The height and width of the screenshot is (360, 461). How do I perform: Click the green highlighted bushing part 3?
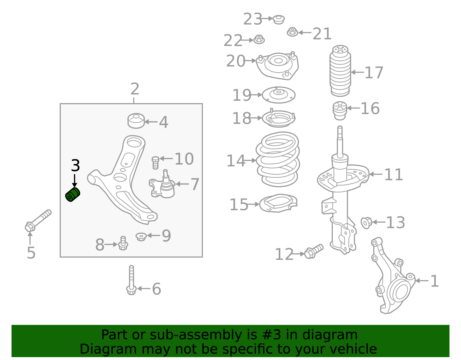[x=73, y=195]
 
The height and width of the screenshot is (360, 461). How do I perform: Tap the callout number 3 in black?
[x=75, y=166]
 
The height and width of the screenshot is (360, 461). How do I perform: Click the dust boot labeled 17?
[x=340, y=71]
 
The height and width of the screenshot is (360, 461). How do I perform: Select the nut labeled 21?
[x=292, y=32]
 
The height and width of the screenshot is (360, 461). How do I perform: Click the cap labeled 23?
[x=279, y=19]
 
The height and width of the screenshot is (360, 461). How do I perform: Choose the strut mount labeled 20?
[x=277, y=65]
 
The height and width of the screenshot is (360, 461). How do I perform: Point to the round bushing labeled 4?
[x=136, y=121]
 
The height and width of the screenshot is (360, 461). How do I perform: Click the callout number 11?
[x=393, y=175]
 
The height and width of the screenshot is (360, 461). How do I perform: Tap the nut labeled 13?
[x=366, y=223]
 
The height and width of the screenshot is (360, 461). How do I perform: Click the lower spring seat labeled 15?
[x=278, y=203]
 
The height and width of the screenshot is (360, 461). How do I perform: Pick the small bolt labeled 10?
[x=155, y=163]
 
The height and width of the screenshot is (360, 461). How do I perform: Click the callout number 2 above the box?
[x=135, y=89]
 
